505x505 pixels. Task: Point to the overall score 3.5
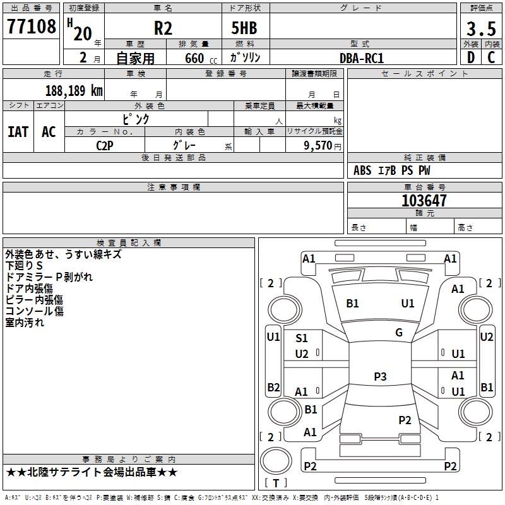click(480, 29)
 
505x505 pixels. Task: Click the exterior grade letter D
click(470, 57)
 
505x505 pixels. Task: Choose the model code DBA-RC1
click(361, 57)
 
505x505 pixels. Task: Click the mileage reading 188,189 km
click(73, 90)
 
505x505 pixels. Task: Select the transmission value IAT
click(18, 131)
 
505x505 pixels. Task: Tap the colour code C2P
click(105, 146)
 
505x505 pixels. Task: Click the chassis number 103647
click(424, 201)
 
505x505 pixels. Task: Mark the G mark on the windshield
click(399, 333)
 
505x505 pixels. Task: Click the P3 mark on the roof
click(379, 377)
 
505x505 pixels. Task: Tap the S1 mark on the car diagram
click(302, 338)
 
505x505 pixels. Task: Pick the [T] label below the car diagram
click(275, 483)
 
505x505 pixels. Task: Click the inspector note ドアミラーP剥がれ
click(49, 277)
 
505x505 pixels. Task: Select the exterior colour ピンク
click(135, 119)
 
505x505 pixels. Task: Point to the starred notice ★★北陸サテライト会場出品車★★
click(92, 472)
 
